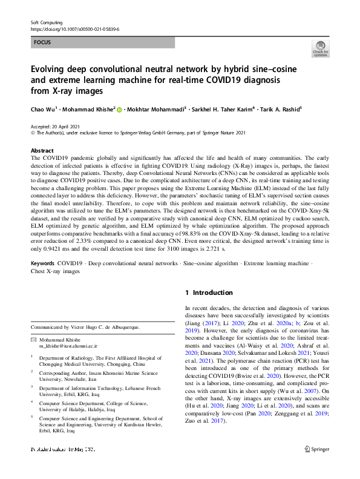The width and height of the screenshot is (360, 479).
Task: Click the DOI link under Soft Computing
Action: pos(74,28)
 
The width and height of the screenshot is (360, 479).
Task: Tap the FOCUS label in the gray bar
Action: pos(42,42)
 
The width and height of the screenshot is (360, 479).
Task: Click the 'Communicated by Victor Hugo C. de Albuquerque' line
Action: pos(97,327)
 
